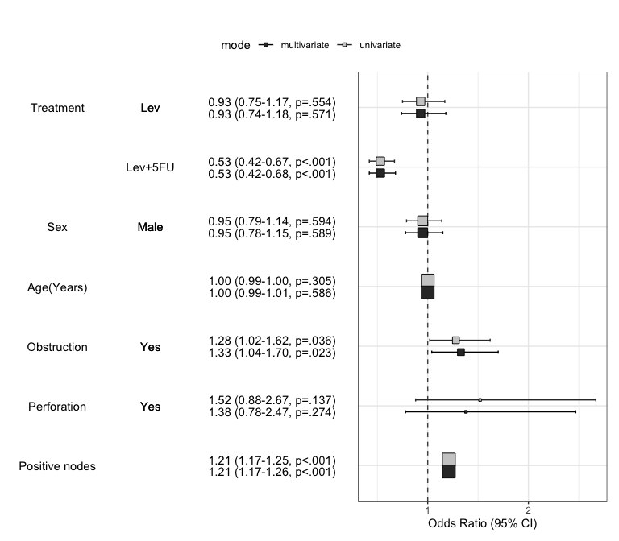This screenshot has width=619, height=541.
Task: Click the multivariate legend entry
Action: pos(304,46)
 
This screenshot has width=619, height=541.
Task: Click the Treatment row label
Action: pos(57,108)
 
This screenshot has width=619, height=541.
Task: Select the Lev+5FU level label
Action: pos(150,167)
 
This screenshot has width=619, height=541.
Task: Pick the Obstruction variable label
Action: pos(57,347)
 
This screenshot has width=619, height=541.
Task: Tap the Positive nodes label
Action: pos(57,466)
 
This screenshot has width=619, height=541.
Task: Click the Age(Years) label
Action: pos(57,287)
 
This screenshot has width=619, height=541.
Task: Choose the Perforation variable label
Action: pos(57,407)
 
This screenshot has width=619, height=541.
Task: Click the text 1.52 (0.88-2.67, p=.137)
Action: pos(272,400)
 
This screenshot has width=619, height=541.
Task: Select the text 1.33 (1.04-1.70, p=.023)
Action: pos(272,353)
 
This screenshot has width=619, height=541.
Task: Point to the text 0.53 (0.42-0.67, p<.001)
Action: pos(272,162)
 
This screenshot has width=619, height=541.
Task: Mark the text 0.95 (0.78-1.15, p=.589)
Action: pos(272,233)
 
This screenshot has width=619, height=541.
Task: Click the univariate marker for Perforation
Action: pos(480,399)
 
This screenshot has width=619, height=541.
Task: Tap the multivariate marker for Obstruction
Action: pos(461,352)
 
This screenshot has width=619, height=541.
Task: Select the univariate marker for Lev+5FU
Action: pos(380,161)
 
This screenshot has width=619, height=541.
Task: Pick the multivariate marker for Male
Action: pos(422,233)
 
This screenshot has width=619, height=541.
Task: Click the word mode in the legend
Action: pos(235,46)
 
